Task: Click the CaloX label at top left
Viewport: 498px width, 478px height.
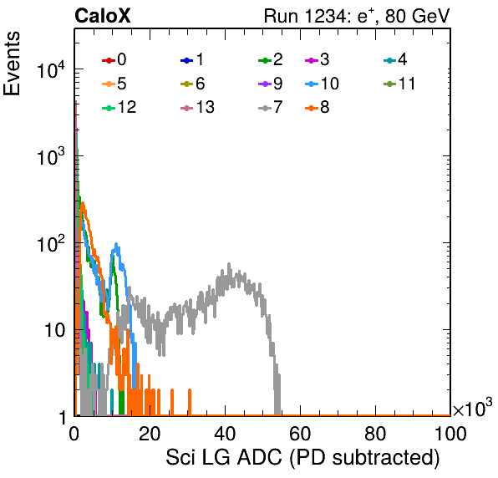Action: pos(102,16)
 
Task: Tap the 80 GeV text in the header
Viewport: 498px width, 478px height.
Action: pos(417,16)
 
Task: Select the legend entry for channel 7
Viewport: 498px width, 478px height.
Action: pos(271,107)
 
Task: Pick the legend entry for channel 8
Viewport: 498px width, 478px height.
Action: pos(317,107)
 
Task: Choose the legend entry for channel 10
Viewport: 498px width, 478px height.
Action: pos(322,84)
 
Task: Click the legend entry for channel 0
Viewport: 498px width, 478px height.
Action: pos(114,59)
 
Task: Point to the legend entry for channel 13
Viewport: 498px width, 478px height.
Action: pos(197,107)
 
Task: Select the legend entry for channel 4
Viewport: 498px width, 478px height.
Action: pos(395,59)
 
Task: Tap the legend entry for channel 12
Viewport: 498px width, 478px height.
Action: pos(119,107)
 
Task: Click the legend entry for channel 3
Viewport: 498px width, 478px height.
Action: pos(317,59)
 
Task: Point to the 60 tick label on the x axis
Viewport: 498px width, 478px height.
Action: pos(300,433)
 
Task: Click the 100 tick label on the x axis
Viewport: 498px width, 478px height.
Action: pos(450,433)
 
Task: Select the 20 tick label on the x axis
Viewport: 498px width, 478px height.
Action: pos(150,433)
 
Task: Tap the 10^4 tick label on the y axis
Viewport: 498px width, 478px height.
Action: pos(51,69)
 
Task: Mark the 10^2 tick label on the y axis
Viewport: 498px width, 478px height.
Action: pos(51,243)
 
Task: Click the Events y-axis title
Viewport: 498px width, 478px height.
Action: pos(12,64)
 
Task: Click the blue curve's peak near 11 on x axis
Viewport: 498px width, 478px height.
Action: pos(116,244)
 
